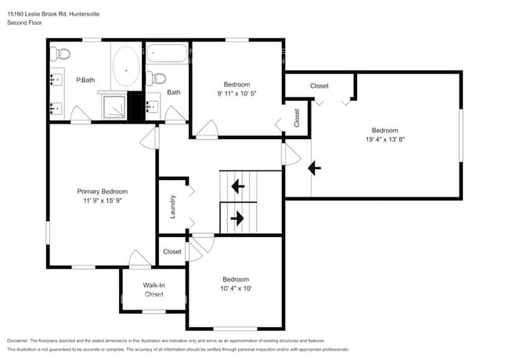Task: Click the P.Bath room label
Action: [85, 80]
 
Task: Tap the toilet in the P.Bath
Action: [60, 53]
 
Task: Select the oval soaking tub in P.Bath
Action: [125, 68]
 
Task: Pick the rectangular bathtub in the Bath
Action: [167, 55]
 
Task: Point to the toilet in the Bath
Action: [155, 77]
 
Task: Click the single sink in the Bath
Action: [153, 106]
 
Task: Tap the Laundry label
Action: [172, 207]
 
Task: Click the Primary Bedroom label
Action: [102, 191]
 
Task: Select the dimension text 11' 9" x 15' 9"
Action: [102, 200]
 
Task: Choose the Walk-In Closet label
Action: [153, 290]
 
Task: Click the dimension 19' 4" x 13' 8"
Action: [384, 139]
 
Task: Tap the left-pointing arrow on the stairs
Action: [237, 187]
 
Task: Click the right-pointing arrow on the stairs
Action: [237, 218]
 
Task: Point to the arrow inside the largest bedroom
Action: [314, 167]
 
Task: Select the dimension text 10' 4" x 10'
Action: [236, 289]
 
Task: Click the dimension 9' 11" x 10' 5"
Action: [236, 93]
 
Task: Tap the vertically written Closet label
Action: [297, 117]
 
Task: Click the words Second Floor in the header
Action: [24, 23]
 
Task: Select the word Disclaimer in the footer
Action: [21, 340]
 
